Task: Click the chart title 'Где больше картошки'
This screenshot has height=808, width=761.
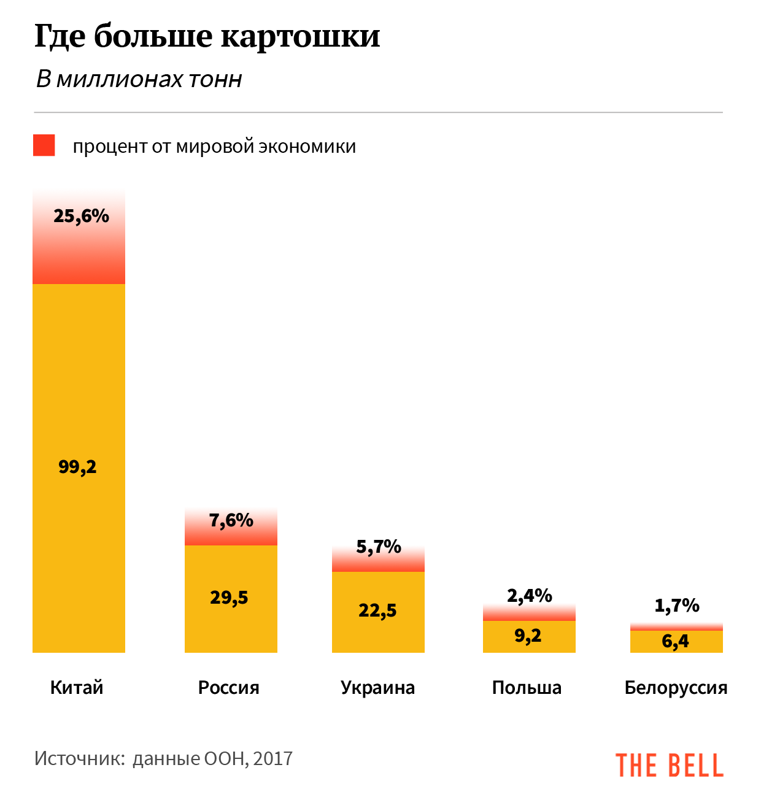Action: point(207,36)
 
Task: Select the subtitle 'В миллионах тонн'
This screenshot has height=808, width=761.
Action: point(139,79)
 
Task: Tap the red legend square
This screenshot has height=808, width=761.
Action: point(44,145)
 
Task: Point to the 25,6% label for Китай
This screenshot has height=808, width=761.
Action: point(81,216)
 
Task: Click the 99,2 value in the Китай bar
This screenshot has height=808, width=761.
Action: point(77,467)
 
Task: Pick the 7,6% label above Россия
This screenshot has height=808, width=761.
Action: point(231,520)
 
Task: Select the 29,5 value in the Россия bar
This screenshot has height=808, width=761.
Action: point(229,598)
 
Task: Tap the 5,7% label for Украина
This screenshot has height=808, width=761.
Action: point(378,546)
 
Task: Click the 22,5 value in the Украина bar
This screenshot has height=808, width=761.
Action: point(377,610)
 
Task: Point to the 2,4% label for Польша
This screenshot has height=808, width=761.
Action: point(529,595)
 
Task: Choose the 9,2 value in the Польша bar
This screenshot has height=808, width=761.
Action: point(528,635)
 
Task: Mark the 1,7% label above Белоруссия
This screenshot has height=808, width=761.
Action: point(676,606)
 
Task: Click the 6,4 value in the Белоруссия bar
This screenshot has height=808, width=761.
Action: point(675,642)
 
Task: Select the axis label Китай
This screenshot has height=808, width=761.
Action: point(77,688)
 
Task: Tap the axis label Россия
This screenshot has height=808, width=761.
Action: point(229,688)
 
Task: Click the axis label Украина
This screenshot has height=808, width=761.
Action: point(377,688)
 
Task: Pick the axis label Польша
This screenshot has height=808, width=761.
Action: point(527,688)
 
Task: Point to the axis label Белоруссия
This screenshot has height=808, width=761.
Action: point(676,688)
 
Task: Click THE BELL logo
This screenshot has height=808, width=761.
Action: point(670,765)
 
